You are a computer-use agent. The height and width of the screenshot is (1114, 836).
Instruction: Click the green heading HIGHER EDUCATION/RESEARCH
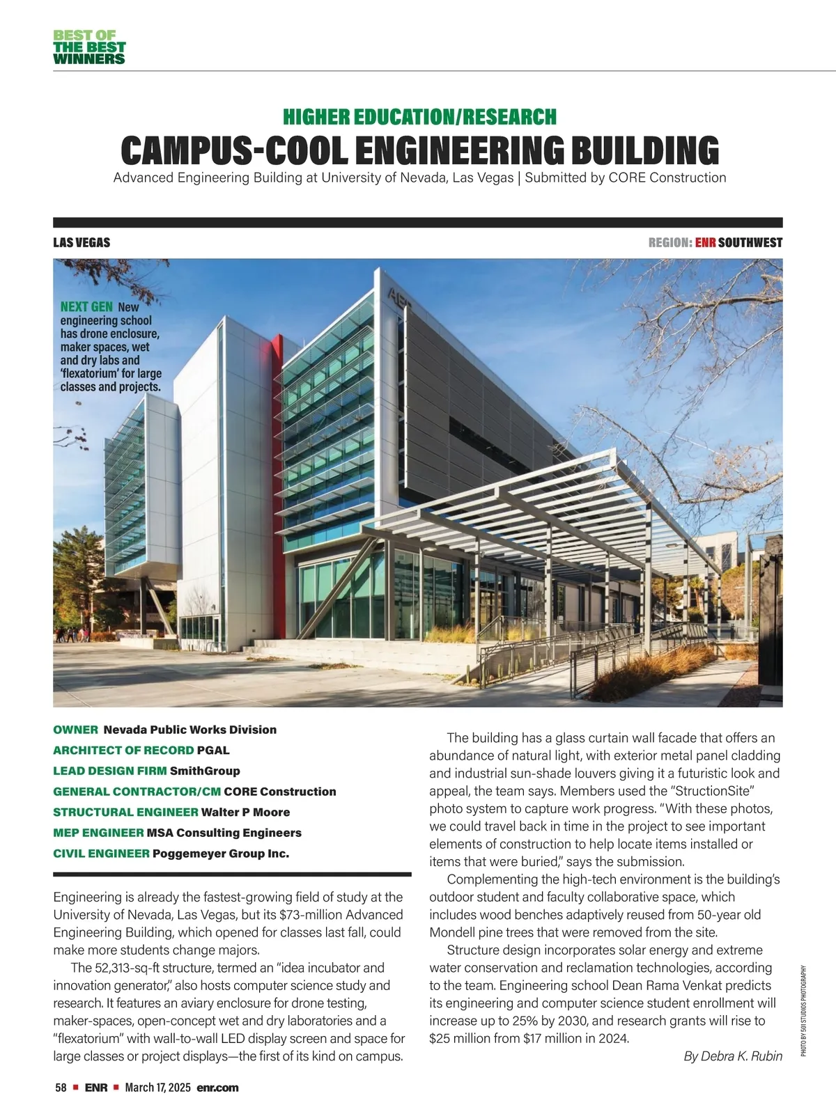[419, 117]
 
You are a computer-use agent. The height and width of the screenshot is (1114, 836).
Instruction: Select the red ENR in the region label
[705, 243]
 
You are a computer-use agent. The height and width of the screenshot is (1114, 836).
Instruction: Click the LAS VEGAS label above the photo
[82, 243]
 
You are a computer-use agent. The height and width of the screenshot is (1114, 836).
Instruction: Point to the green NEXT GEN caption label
[86, 307]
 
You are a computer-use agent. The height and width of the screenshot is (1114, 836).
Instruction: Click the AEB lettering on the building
[400, 297]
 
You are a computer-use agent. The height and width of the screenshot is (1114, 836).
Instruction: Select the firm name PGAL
[213, 751]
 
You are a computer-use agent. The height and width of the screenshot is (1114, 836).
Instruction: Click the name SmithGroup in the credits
[205, 771]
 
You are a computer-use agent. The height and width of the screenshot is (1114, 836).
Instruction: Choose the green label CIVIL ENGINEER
[101, 854]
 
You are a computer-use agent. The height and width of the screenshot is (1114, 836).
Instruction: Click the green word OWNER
[75, 730]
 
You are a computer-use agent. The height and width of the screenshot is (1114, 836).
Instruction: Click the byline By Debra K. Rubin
[733, 1056]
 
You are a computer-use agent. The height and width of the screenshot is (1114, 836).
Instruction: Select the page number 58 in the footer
[61, 1088]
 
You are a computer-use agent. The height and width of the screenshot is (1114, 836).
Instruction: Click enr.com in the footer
[217, 1088]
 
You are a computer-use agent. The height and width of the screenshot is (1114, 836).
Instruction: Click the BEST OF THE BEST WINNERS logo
[89, 47]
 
